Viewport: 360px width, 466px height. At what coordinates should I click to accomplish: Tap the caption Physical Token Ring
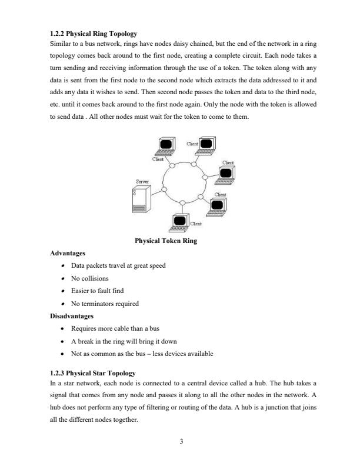pyautogui.click(x=165, y=241)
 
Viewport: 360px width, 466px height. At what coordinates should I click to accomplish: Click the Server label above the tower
pyautogui.click(x=142, y=182)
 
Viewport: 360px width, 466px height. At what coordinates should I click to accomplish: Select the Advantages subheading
pyautogui.click(x=68, y=253)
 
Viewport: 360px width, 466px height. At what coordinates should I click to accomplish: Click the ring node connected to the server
pyautogui.click(x=164, y=189)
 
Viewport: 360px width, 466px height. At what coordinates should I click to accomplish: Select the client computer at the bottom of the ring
pyautogui.click(x=179, y=221)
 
